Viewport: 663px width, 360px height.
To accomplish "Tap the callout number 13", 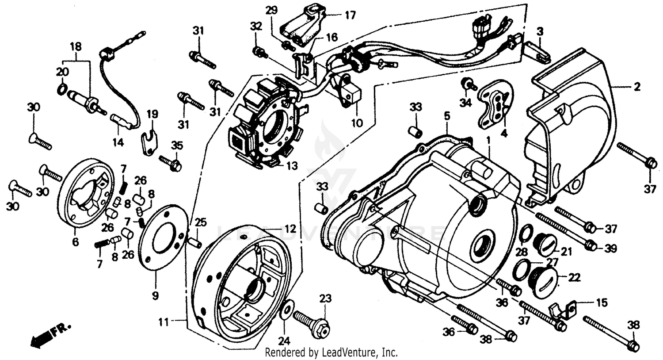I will [292, 166].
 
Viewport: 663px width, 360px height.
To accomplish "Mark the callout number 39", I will [610, 249].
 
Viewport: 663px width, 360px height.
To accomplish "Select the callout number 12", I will [290, 229].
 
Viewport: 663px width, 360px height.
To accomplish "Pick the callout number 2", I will [636, 87].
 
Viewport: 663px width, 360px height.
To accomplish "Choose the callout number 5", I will [447, 116].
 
